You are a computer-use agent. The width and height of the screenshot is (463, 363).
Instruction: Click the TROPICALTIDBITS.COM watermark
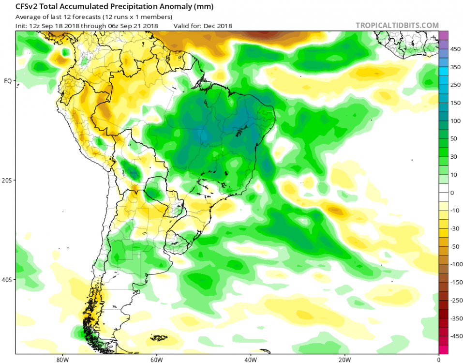(397, 25)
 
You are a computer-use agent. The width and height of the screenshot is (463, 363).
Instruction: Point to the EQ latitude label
(8, 81)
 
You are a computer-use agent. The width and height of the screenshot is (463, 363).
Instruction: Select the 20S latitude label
(8, 180)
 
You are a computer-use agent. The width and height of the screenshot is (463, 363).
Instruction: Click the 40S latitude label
(8, 280)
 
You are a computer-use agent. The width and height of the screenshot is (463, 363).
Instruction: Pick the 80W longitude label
(61, 360)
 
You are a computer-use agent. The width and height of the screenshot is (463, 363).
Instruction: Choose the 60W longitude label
(156, 360)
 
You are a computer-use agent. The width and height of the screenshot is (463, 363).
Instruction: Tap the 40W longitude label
(250, 360)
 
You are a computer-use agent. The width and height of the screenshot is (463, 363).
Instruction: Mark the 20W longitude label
(344, 360)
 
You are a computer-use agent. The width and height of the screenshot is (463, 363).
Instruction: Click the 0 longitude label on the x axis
(438, 360)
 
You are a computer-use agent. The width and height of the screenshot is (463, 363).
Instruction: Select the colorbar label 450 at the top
(455, 49)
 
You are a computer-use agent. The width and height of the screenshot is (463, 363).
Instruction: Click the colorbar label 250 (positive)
(455, 85)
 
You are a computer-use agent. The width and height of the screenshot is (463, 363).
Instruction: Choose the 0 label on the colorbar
(452, 193)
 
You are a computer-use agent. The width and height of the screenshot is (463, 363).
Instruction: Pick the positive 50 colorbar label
(454, 139)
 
